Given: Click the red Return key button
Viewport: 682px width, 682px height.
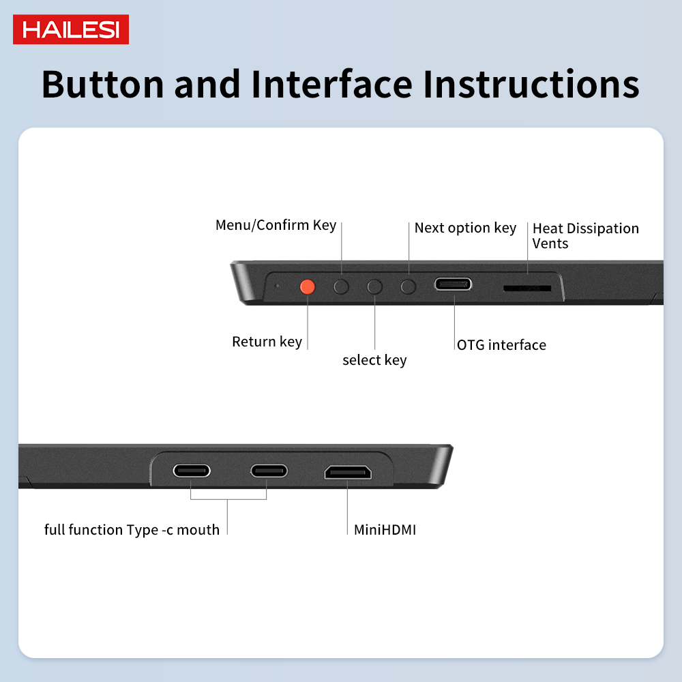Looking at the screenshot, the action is [x=308, y=286].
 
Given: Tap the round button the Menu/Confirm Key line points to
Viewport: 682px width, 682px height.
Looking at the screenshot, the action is [x=341, y=286].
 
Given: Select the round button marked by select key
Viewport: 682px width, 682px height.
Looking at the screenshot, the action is [x=374, y=286].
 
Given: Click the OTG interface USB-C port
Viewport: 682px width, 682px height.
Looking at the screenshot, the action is [x=453, y=284].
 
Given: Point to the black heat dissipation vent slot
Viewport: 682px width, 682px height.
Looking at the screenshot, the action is [x=527, y=288].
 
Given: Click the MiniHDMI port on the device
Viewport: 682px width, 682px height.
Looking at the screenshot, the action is [x=348, y=472].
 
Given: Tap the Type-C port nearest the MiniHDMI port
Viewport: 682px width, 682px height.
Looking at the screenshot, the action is [x=269, y=471].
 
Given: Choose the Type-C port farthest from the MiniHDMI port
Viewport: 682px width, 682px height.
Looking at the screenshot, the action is [x=192, y=471].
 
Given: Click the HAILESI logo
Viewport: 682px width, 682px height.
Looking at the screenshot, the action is [x=71, y=29].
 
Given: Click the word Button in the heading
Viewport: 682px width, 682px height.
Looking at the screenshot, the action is [x=103, y=84].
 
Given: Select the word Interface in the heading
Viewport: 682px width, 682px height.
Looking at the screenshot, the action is [x=331, y=84].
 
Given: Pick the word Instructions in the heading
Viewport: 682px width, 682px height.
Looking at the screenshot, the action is [x=531, y=84].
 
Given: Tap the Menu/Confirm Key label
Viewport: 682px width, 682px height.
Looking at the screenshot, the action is [x=276, y=225].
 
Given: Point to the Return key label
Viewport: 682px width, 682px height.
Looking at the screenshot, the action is [x=267, y=342].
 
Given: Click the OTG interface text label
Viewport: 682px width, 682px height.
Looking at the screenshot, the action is [x=501, y=345].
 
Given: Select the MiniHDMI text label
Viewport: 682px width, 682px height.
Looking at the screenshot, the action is [x=385, y=530].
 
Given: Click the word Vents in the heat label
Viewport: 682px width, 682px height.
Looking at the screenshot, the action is [x=550, y=243].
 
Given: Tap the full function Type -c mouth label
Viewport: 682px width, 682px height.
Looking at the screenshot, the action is [x=132, y=530].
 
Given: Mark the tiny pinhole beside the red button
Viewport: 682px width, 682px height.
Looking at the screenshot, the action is [x=277, y=286].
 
